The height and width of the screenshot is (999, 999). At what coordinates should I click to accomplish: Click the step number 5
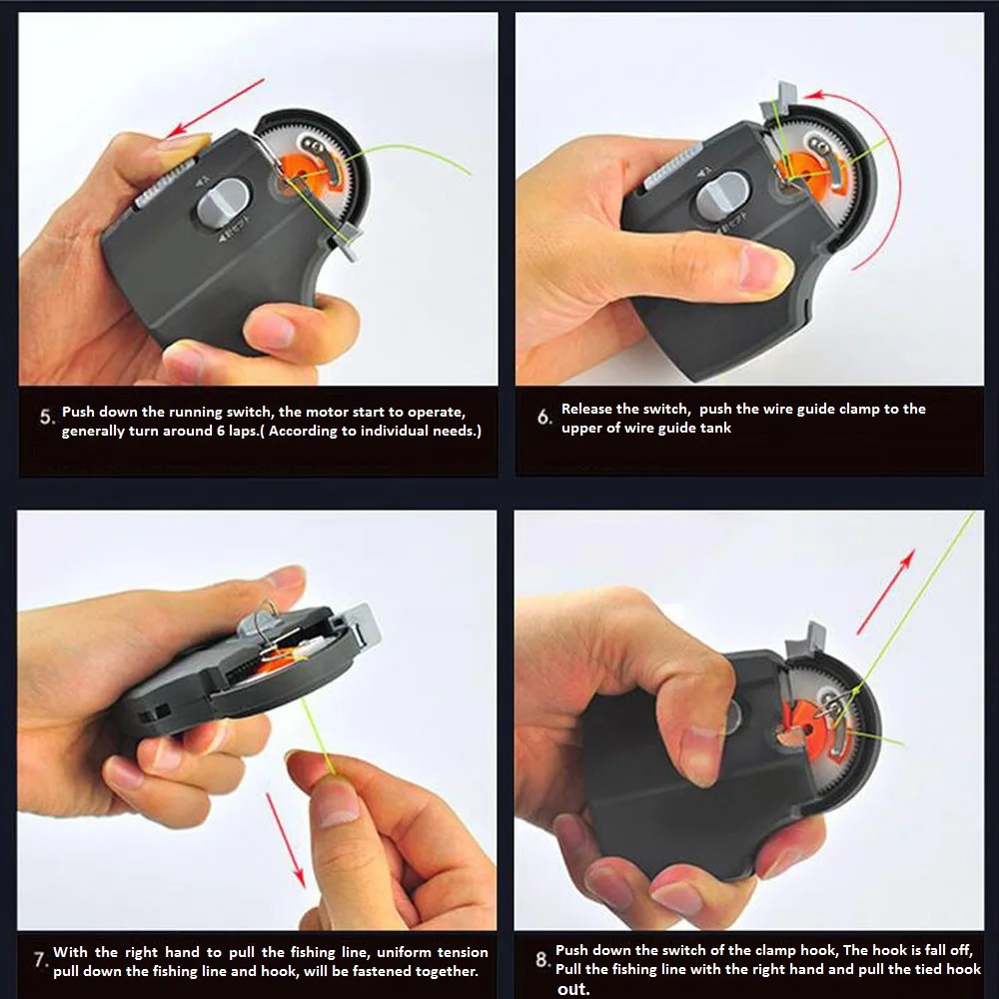[46, 417]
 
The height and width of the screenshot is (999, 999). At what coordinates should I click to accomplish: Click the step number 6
[542, 417]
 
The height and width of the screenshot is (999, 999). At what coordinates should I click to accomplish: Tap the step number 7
[41, 960]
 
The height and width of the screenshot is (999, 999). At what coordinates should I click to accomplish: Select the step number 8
[541, 960]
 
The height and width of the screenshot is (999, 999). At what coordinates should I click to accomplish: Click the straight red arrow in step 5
[215, 108]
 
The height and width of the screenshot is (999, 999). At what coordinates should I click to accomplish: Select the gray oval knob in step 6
[726, 196]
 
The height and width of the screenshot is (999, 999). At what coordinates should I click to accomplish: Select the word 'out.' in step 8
[573, 989]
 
